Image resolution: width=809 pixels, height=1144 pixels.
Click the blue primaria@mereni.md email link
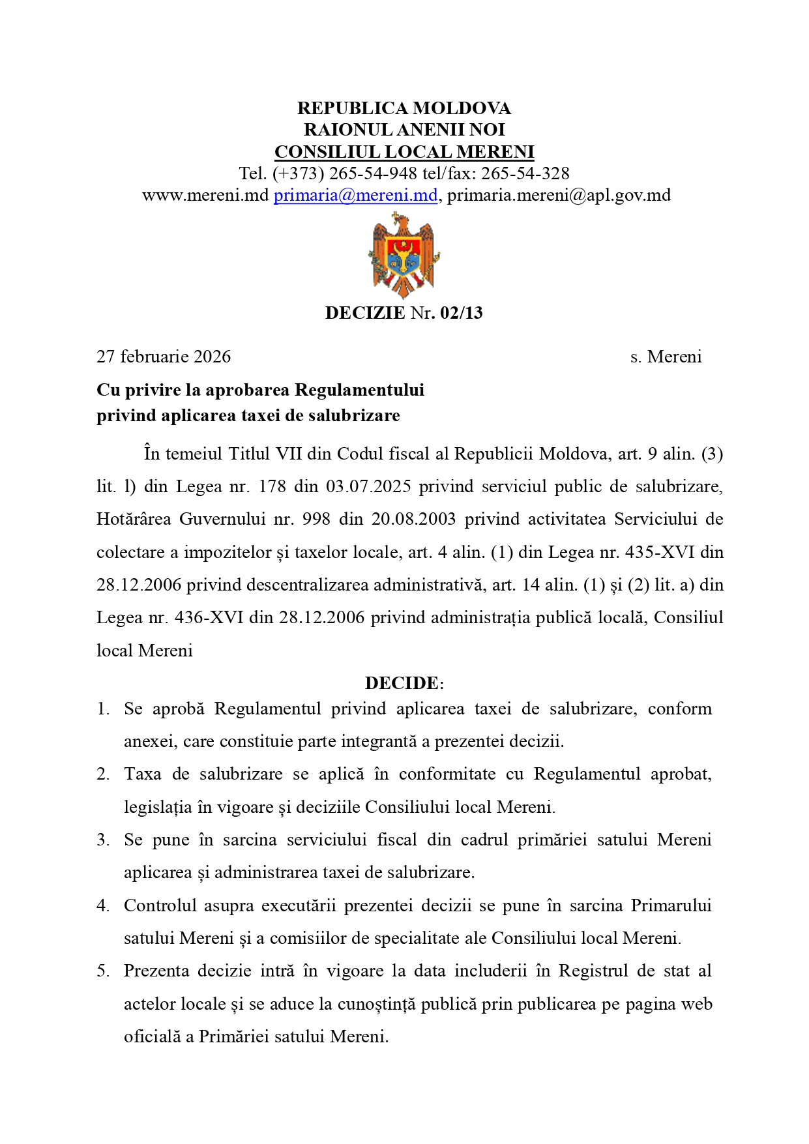pos(355,195)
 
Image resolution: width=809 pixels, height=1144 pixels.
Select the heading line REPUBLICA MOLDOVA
pos(404,108)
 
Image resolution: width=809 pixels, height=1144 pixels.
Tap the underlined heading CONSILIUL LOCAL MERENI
pos(404,152)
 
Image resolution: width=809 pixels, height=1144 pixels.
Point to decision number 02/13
pos(462,313)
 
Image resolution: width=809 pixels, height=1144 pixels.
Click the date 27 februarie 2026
pos(164,357)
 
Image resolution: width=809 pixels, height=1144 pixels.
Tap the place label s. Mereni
pos(666,357)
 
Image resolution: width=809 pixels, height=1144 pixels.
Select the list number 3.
pos(103,840)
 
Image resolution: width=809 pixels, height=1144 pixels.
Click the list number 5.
pos(103,971)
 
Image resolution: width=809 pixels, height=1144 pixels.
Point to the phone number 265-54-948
pos(373,173)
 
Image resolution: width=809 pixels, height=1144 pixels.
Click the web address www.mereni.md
pos(205,195)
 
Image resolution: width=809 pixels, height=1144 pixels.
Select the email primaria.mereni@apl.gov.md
pos(559,195)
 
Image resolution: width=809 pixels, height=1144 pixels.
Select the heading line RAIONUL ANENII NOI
pos(404,130)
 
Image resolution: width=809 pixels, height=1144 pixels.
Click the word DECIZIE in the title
pos(365,313)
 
